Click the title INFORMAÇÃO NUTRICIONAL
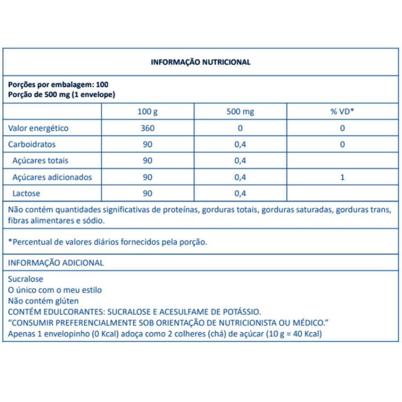[x=200, y=62]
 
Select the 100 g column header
[x=148, y=112]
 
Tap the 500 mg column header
[x=240, y=112]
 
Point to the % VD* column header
[x=342, y=112]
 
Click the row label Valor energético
[x=38, y=128]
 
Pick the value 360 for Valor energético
[x=148, y=128]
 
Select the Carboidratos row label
[x=32, y=144]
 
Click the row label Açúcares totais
[x=40, y=161]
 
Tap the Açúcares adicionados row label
[x=52, y=177]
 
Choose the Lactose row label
[x=27, y=193]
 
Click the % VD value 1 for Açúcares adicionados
[x=342, y=177]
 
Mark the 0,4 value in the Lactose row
[x=240, y=193]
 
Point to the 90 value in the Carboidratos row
[x=148, y=144]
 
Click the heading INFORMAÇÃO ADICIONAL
[x=56, y=263]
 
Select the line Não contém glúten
[x=43, y=301]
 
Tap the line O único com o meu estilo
[x=55, y=290]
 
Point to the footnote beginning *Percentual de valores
[x=107, y=242]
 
